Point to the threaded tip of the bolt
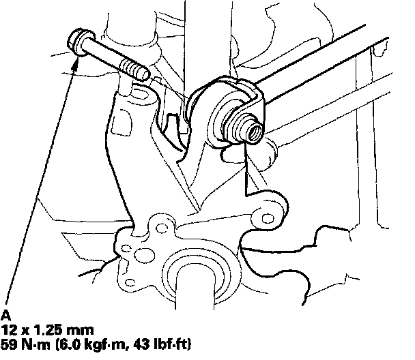135,70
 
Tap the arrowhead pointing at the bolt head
76,64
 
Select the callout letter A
5,316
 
